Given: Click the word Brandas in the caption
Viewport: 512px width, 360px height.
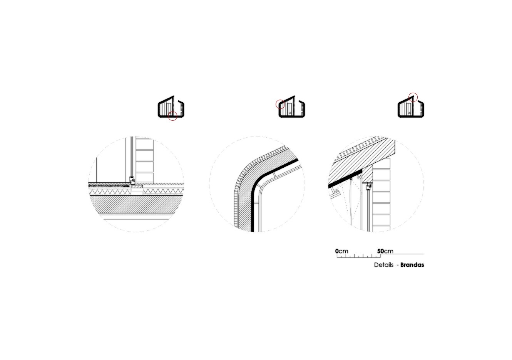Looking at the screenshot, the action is pyautogui.click(x=412, y=265).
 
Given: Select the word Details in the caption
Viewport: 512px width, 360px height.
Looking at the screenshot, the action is pyautogui.click(x=384, y=265).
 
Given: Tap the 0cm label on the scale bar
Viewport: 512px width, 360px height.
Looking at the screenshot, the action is pyautogui.click(x=341, y=251).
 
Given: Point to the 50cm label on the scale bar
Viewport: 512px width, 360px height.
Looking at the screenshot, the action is pyautogui.click(x=385, y=251).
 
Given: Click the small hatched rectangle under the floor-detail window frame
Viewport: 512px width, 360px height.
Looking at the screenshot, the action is pyautogui.click(x=137, y=187).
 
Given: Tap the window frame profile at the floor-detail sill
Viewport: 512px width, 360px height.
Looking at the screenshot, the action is pyautogui.click(x=132, y=180).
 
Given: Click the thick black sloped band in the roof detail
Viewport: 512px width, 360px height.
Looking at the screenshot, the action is pyautogui.click(x=345, y=178).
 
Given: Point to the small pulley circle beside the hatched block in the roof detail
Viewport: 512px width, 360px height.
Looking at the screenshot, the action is pyautogui.click(x=359, y=176).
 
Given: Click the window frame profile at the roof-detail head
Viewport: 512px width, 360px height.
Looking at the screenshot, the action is pyautogui.click(x=368, y=187).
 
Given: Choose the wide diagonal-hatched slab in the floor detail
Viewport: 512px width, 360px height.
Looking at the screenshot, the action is pyautogui.click(x=136, y=205).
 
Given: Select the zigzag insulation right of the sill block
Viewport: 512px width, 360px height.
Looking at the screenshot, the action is pyautogui.click(x=163, y=191).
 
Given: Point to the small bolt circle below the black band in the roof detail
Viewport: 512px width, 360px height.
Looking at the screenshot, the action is pyautogui.click(x=336, y=190).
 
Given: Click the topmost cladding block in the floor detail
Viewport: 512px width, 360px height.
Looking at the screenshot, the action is pyautogui.click(x=144, y=144).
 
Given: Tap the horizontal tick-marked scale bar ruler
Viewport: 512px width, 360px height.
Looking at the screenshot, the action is pyautogui.click(x=359, y=256).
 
